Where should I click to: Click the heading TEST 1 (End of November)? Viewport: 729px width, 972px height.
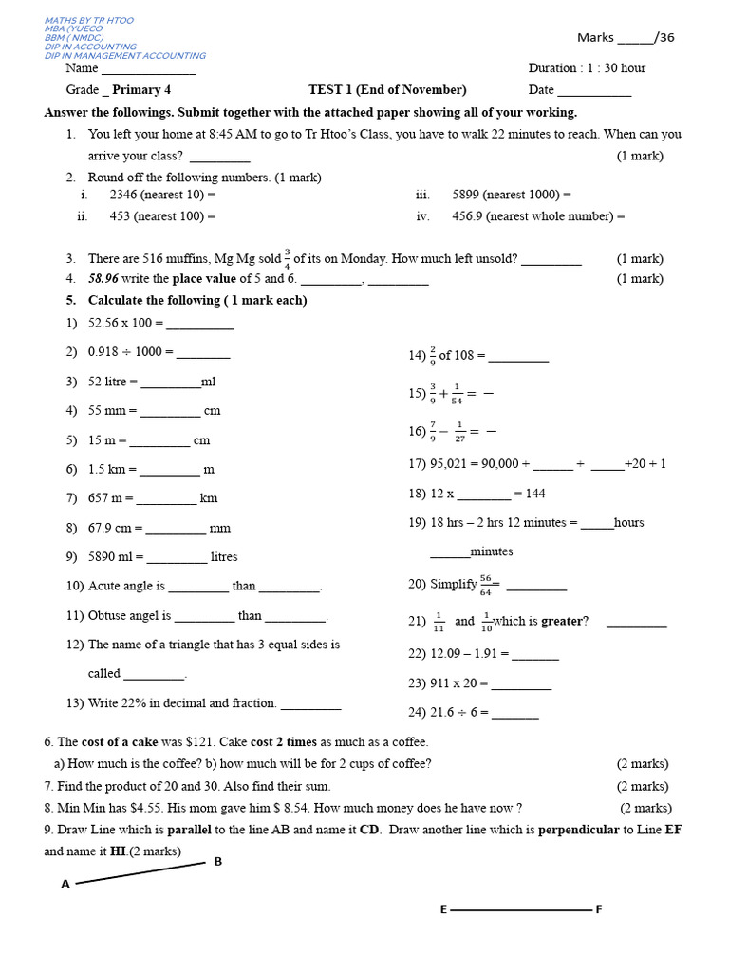pos(387,90)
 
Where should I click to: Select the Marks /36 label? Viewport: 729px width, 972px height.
pos(626,38)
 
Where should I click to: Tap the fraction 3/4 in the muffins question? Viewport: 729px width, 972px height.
pos(287,258)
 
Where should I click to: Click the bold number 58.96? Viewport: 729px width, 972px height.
pos(103,279)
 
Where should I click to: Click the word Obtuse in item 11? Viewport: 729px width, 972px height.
pos(107,616)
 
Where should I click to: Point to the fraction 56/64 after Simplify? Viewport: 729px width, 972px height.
pos(485,585)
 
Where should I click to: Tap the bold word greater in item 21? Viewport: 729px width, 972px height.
pos(560,622)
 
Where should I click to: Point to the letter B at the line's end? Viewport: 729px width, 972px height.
pos(218,862)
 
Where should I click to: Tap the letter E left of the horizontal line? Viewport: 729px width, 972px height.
pos(442,910)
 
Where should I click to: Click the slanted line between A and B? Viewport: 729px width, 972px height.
pos(140,874)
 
